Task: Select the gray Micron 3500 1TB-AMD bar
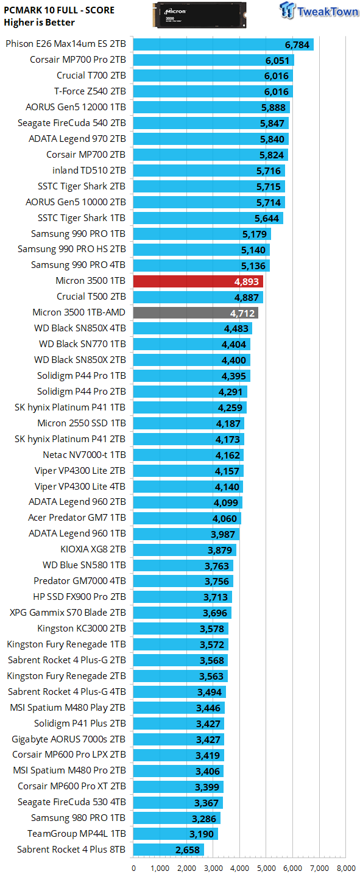tap(196, 312)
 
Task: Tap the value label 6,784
tap(297, 44)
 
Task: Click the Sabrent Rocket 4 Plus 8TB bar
tap(168, 850)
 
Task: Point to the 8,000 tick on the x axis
tap(346, 868)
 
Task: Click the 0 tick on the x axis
tap(133, 868)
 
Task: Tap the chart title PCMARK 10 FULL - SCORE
tap(59, 10)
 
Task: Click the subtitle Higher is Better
tap(39, 23)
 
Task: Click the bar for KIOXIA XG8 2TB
tap(185, 549)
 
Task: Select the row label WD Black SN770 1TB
tap(82, 344)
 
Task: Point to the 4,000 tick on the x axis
tap(239, 868)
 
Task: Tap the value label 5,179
tap(254, 234)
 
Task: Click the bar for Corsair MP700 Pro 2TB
tap(213, 60)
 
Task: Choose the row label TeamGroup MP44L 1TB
tap(77, 834)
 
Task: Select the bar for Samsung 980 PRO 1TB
tap(177, 818)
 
